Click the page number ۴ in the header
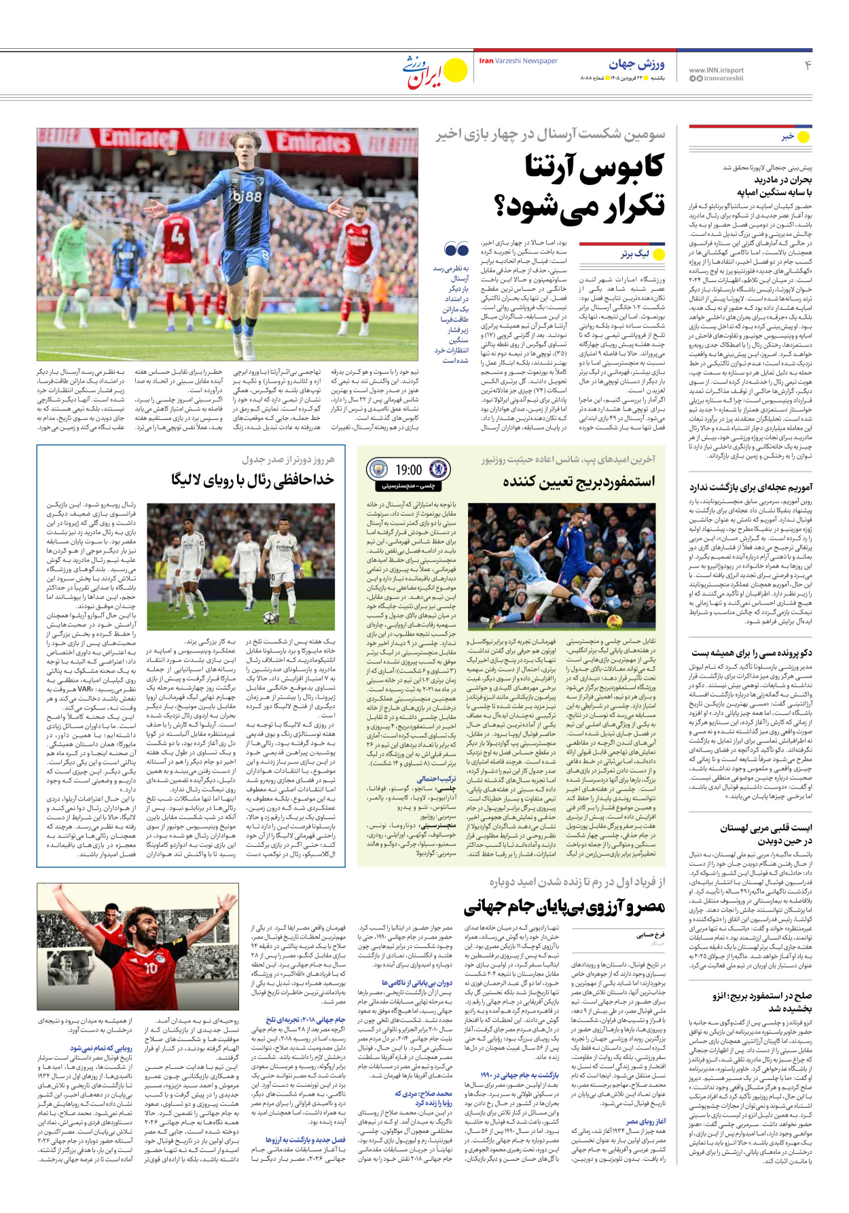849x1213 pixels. coord(808,66)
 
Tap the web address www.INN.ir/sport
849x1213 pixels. coord(716,70)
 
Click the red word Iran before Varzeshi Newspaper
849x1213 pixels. coord(486,61)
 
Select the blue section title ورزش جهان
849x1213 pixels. coord(636,65)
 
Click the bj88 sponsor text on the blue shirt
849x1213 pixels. coord(246,196)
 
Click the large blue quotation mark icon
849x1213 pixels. coord(456,249)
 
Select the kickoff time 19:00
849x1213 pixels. coord(408,470)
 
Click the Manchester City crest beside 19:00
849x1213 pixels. coord(377,470)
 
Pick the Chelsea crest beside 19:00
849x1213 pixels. coord(438,470)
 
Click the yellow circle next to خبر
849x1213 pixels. coord(803,137)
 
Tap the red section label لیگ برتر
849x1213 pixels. coord(634,254)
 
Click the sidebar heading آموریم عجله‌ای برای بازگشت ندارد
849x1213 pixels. coord(751,487)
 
